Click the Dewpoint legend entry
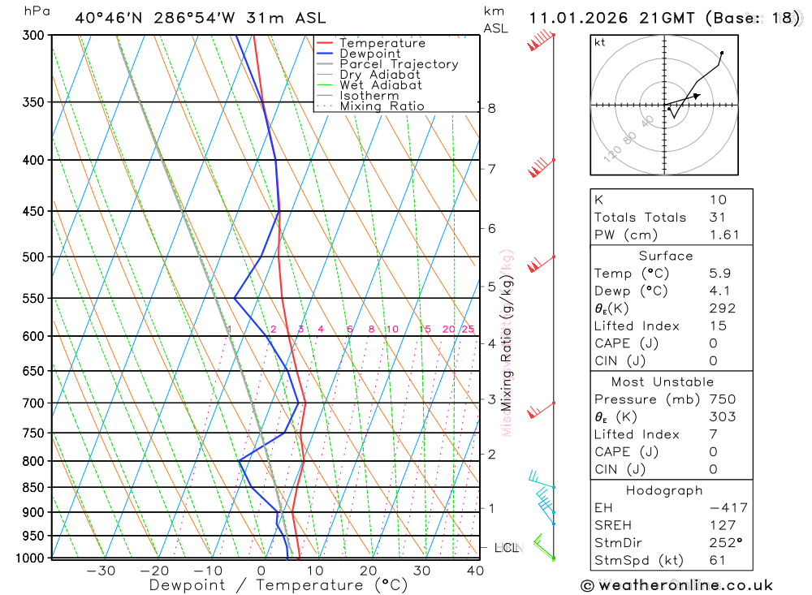[369, 54]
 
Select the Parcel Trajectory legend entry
[399, 64]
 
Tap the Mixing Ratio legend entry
[382, 106]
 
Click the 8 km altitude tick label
[492, 108]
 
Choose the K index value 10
[718, 200]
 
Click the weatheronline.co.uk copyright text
[676, 585]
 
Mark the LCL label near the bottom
[507, 548]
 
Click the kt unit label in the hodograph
[600, 42]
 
